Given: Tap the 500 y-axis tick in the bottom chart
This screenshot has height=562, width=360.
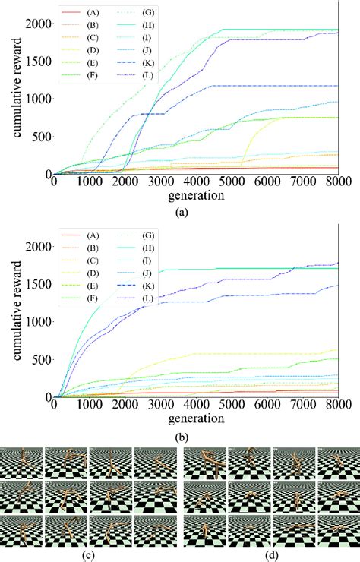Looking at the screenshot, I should click(40, 359).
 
